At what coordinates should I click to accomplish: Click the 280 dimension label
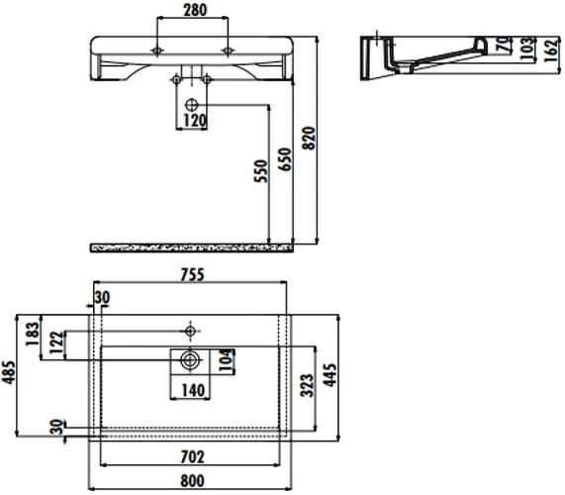[x=195, y=10]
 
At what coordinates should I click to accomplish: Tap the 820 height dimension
[x=309, y=138]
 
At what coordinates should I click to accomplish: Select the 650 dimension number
[x=284, y=159]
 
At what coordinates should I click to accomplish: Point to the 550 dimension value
[x=261, y=171]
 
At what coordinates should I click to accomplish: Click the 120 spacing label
[x=195, y=121]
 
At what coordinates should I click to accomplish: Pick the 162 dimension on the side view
[x=552, y=50]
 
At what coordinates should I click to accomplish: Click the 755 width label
[x=192, y=274]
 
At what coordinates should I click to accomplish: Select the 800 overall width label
[x=192, y=481]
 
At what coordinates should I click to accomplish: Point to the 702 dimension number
[x=192, y=456]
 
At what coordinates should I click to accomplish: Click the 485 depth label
[x=9, y=372]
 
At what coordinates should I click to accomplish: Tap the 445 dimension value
[x=330, y=375]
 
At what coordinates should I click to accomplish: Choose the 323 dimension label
[x=307, y=385]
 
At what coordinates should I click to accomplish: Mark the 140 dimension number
[x=193, y=390]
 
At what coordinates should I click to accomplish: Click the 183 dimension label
[x=32, y=334]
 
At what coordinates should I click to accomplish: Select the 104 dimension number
[x=227, y=360]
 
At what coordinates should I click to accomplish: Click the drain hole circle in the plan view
[x=190, y=359]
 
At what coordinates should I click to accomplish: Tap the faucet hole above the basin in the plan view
[x=190, y=331]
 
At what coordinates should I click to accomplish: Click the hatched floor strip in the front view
[x=191, y=247]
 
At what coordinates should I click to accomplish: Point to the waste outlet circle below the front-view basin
[x=191, y=105]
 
